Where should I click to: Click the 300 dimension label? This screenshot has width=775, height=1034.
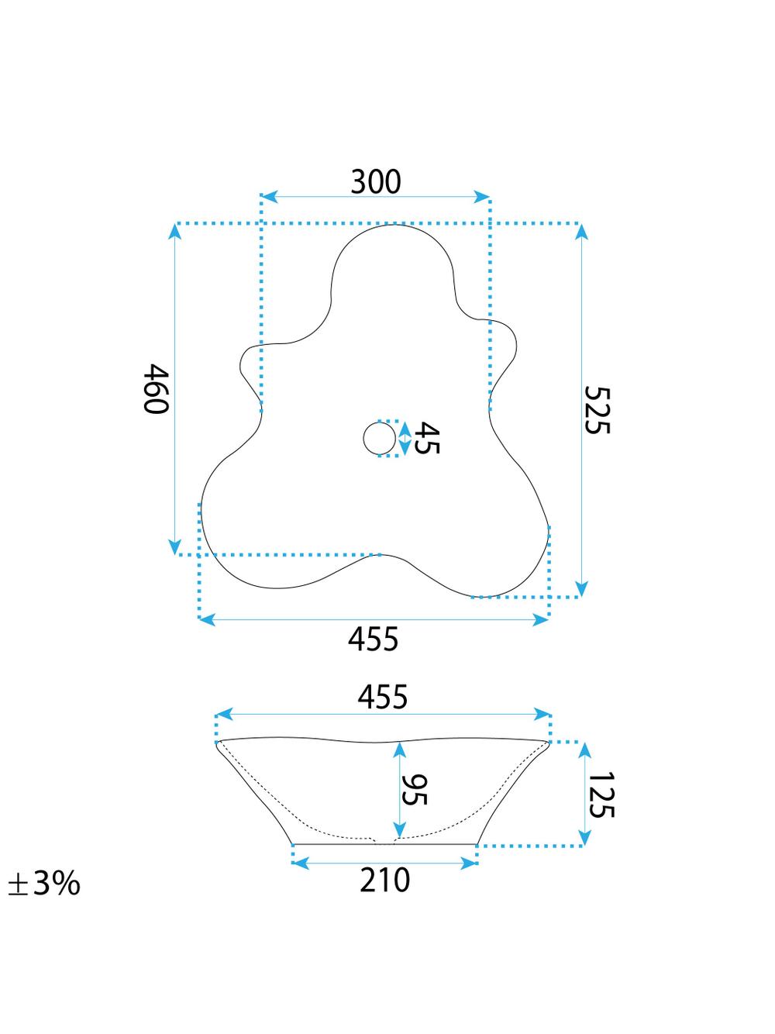tap(376, 182)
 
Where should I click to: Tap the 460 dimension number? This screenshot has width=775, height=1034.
tap(156, 388)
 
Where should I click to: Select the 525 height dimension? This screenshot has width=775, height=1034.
tap(597, 409)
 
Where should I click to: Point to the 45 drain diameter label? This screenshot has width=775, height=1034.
tap(426, 438)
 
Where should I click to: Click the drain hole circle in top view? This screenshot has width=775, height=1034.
tap(380, 439)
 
